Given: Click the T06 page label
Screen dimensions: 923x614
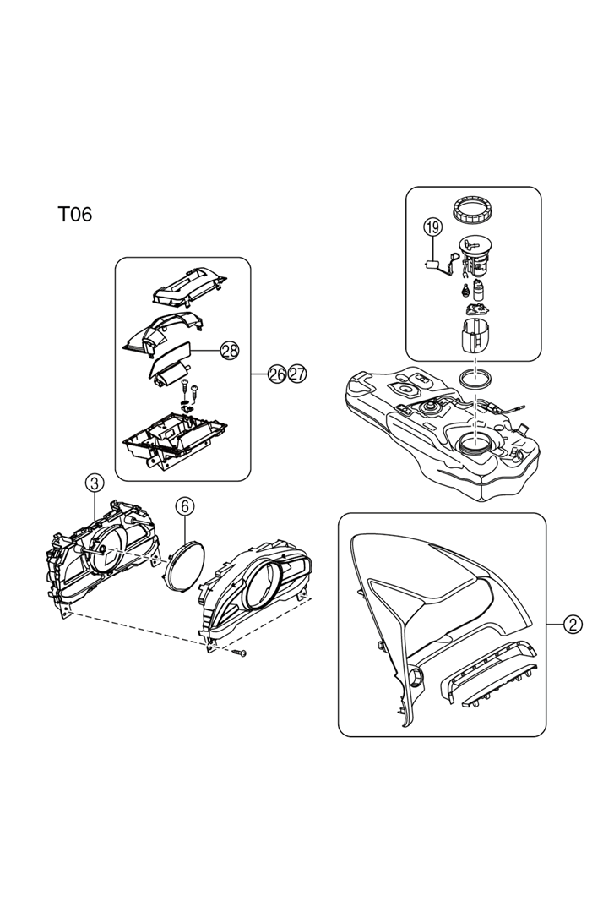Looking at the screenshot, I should click(x=74, y=215).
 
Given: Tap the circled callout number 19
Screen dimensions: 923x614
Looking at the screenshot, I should click(x=432, y=227).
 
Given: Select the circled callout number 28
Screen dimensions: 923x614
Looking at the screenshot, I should click(x=230, y=349).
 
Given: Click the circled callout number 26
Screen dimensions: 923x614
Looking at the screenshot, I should click(x=277, y=374).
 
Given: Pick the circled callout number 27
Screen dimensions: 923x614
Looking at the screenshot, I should click(x=296, y=374).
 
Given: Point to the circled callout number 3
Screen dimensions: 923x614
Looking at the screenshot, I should click(x=95, y=483).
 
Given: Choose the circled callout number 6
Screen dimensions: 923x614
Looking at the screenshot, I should click(x=185, y=505).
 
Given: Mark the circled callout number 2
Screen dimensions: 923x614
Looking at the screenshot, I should click(x=573, y=625).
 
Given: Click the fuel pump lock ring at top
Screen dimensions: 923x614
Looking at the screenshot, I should click(x=473, y=208).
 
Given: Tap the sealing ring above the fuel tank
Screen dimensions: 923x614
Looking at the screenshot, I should click(x=475, y=378).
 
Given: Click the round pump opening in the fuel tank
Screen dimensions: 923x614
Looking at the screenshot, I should click(x=475, y=443).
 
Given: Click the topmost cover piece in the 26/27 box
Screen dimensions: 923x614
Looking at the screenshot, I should click(x=191, y=285).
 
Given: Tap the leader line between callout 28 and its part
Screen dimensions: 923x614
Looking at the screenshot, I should click(x=207, y=348).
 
